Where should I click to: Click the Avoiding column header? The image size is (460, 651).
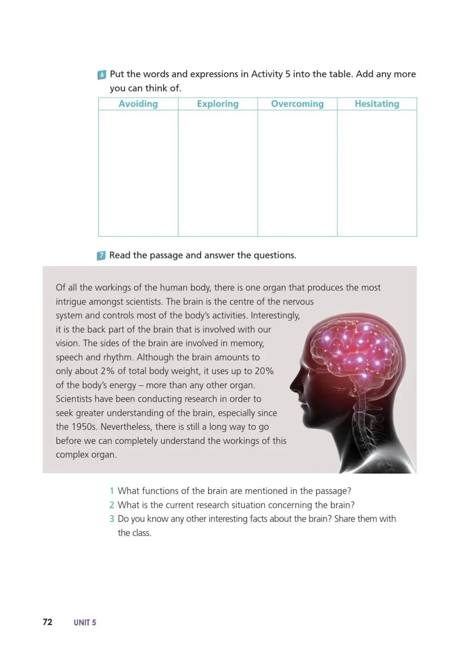[x=138, y=104]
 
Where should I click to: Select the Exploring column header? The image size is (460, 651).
[x=218, y=104]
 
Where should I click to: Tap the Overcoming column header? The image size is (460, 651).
[x=297, y=104]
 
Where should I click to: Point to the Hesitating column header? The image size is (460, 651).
[x=377, y=104]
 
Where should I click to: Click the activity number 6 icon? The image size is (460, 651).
[x=102, y=75]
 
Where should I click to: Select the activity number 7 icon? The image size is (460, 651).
[x=101, y=256]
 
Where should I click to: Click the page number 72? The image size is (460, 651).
[x=47, y=622]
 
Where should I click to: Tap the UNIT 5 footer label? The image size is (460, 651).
[x=85, y=622]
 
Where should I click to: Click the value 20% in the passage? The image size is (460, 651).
[x=264, y=371]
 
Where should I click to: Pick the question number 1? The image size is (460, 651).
[x=112, y=491]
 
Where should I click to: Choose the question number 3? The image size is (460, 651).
[x=112, y=519]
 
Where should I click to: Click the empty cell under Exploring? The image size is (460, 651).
[x=218, y=173]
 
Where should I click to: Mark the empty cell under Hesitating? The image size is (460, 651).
[x=377, y=173]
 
